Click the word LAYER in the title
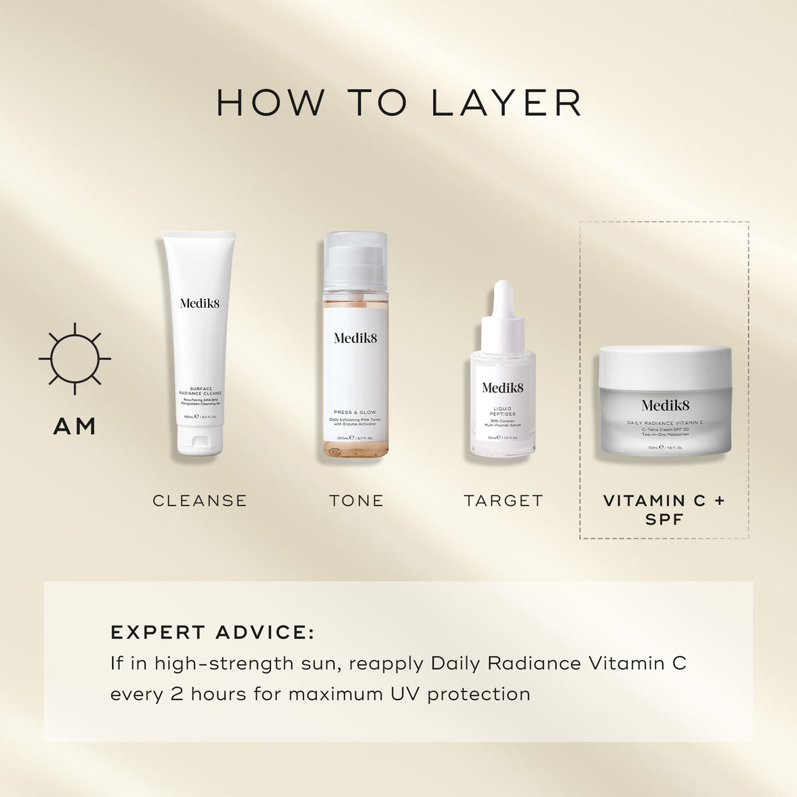coord(507,102)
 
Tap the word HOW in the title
coord(270,102)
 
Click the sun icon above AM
coord(75,358)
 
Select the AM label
coord(75,426)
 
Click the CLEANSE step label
coord(200,501)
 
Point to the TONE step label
coord(356,501)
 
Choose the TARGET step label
coord(504,501)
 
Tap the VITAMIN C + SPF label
coord(663,510)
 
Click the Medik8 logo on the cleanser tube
coord(200,303)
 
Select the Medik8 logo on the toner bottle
coord(355,338)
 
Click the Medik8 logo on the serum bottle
coord(503,388)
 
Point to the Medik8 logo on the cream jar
coord(665,405)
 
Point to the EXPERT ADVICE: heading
coord(212,632)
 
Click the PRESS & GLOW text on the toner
coord(355,412)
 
